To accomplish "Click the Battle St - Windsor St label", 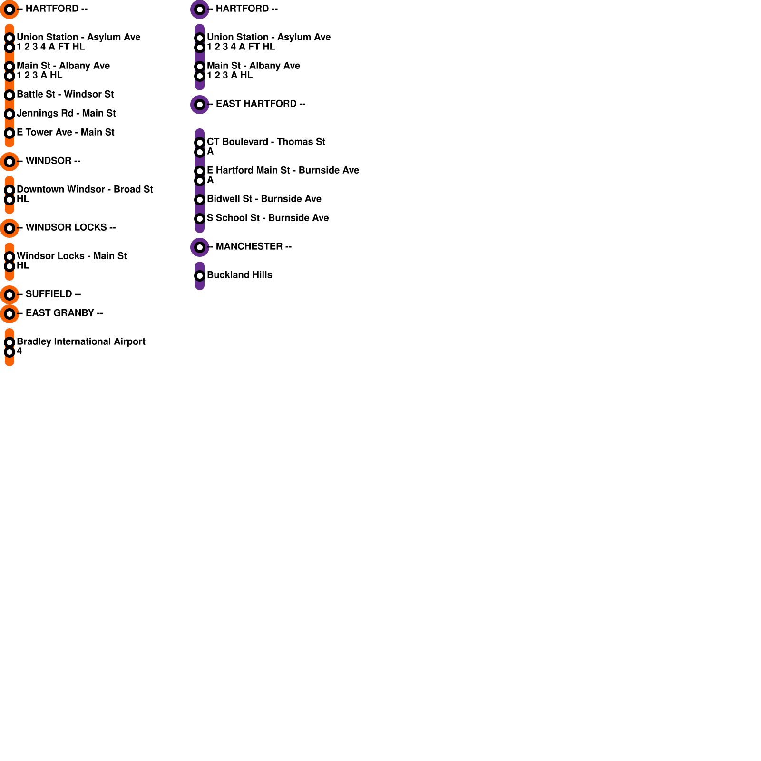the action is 65,94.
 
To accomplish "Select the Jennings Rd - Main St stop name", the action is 66,113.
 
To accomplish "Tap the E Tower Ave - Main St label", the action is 65,132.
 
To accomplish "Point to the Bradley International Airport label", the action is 81,341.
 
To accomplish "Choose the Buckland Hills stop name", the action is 239,275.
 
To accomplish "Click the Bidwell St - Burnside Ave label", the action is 264,199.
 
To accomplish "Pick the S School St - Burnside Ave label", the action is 268,218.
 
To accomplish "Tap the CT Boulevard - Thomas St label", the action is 266,142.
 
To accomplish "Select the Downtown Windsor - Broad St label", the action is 85,189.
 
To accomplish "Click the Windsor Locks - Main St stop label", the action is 71,256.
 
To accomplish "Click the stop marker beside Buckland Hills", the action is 200,276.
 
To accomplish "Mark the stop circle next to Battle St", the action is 10,95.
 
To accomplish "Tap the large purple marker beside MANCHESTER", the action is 200,247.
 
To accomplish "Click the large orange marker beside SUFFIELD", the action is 10,295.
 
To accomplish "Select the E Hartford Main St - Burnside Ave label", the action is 283,170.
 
